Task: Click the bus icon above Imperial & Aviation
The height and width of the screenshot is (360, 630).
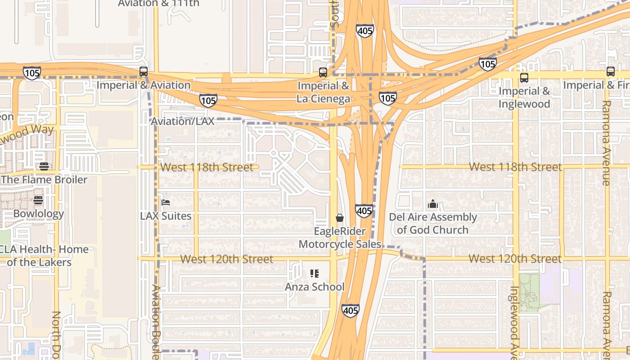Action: pos(143,72)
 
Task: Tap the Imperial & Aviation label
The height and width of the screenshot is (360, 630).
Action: pos(143,85)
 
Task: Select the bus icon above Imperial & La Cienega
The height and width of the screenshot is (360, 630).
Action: pos(323,72)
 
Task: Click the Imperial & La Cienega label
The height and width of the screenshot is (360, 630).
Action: pos(323,92)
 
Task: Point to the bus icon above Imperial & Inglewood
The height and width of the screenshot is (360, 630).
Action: pos(524,78)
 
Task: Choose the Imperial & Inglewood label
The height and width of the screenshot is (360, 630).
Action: pos(524,98)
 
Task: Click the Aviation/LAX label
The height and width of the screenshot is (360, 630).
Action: pos(183,121)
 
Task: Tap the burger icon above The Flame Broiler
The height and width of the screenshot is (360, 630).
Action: pos(44,166)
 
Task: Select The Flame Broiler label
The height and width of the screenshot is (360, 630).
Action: pos(44,180)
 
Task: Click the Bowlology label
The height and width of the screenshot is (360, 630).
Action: pos(38,213)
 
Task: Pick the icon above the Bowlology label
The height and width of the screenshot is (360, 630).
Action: pos(38,200)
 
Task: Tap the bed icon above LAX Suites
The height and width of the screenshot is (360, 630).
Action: pos(166,202)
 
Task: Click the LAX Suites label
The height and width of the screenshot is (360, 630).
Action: pos(166,216)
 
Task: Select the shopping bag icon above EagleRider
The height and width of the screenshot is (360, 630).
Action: pos(340,218)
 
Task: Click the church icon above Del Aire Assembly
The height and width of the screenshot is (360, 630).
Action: pos(433,204)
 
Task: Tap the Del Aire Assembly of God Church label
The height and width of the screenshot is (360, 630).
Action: pos(433,224)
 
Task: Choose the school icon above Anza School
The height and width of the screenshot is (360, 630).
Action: pos(315,273)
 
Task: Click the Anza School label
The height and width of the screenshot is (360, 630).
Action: pos(315,287)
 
